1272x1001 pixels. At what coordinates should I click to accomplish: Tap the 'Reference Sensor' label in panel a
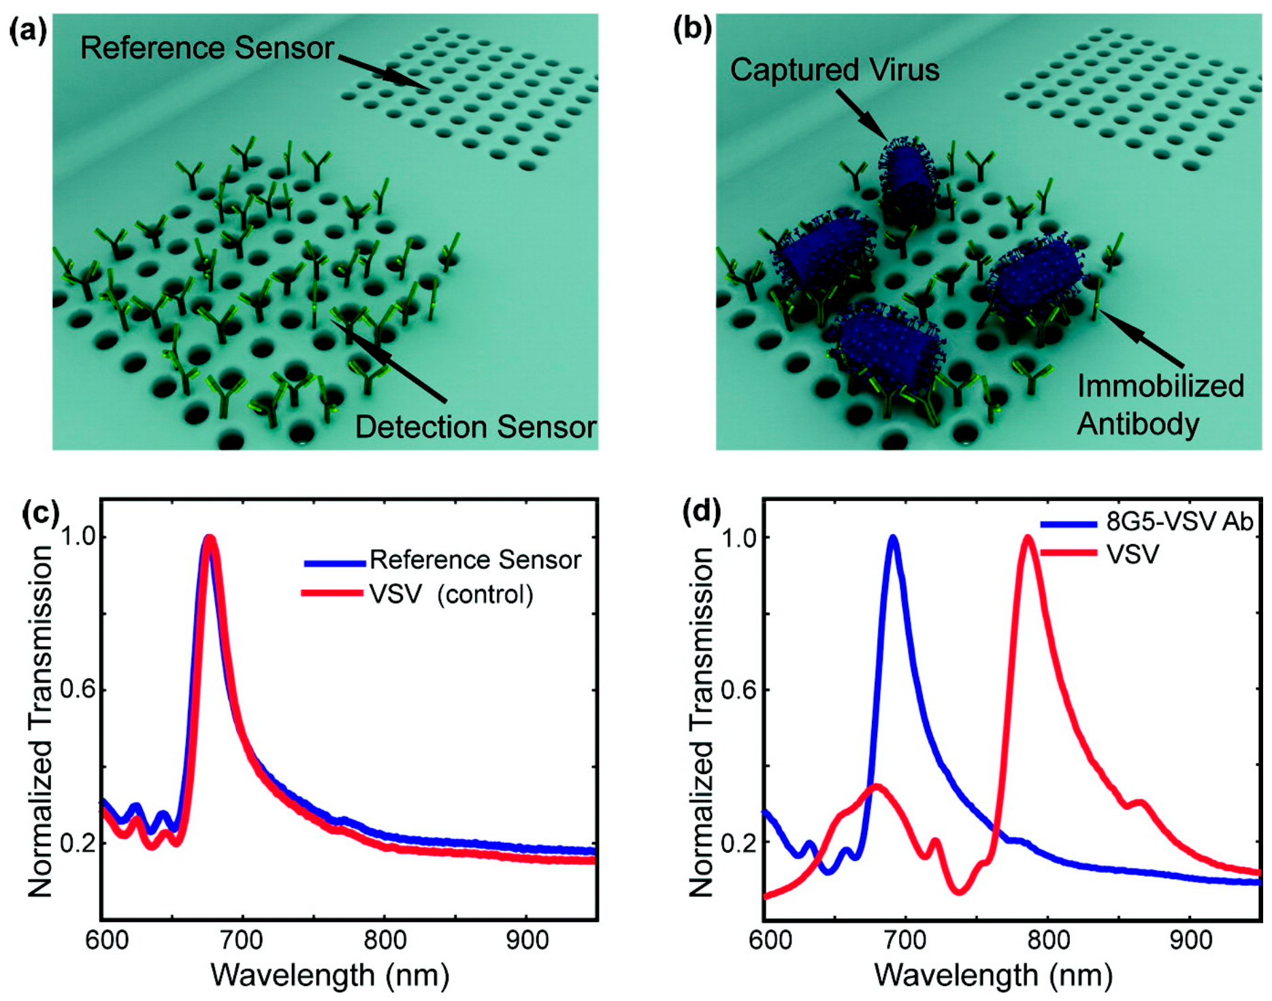coord(207,48)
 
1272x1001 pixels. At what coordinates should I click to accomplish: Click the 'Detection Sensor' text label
coord(475,427)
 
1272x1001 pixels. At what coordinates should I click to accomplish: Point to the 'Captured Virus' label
coord(834,69)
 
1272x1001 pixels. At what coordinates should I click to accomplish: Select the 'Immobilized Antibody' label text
coord(1160,405)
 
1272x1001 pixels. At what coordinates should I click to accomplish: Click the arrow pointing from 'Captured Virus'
coord(861,114)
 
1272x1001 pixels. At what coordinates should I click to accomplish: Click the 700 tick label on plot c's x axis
coord(242,940)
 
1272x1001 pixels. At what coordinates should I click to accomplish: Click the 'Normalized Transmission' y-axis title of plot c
coord(39,722)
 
